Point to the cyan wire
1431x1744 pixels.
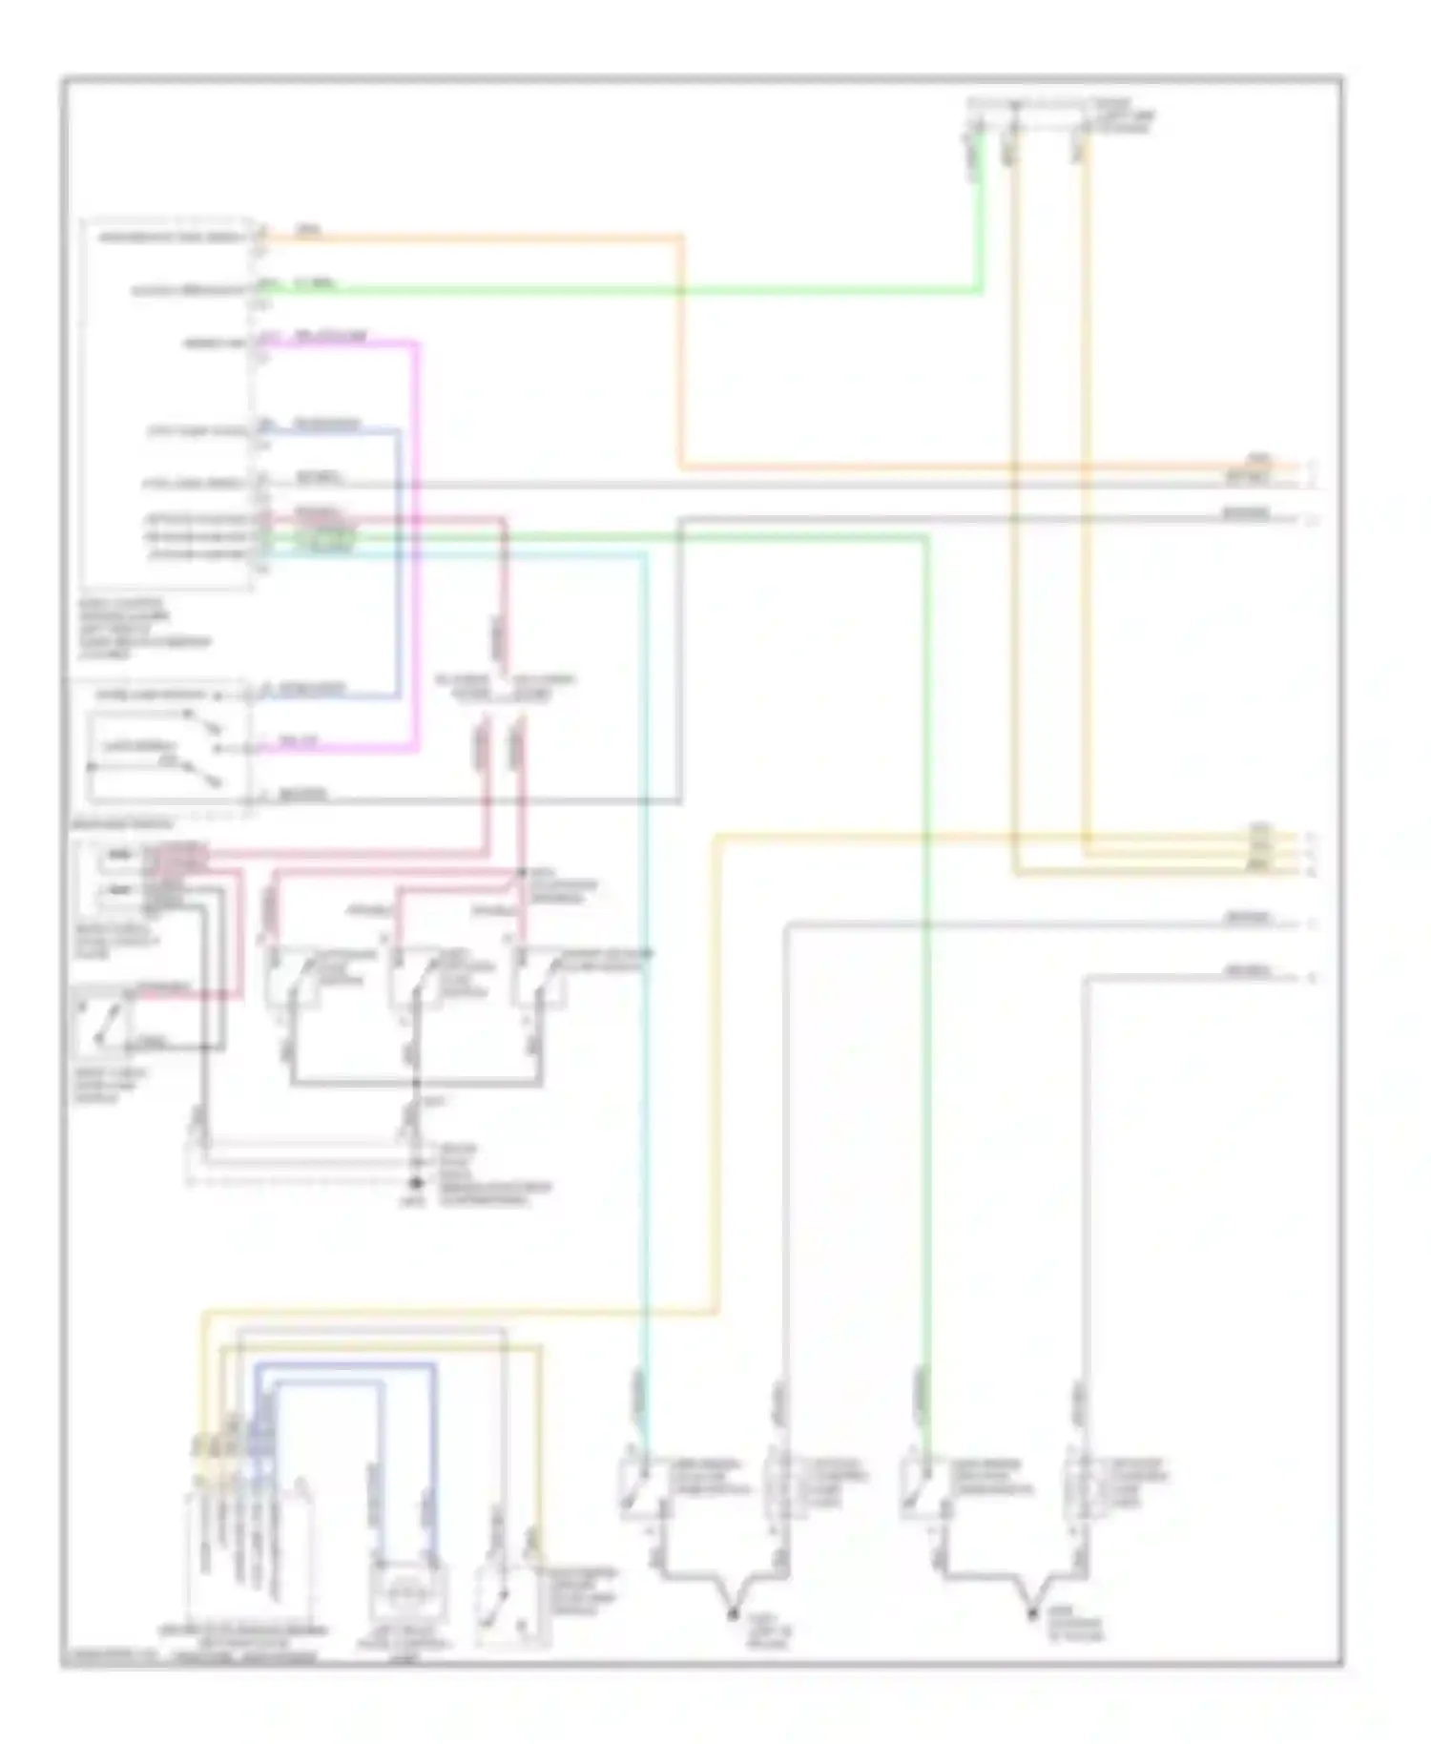pos(645,954)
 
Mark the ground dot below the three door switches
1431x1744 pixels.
pos(415,1184)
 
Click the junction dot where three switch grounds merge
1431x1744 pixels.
pos(415,1084)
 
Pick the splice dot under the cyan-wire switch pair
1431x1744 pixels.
pos(733,1613)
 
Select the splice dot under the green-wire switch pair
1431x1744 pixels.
pos(1032,1613)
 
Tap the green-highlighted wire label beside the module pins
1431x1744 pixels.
pos(324,540)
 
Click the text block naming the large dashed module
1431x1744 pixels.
pos(143,630)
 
